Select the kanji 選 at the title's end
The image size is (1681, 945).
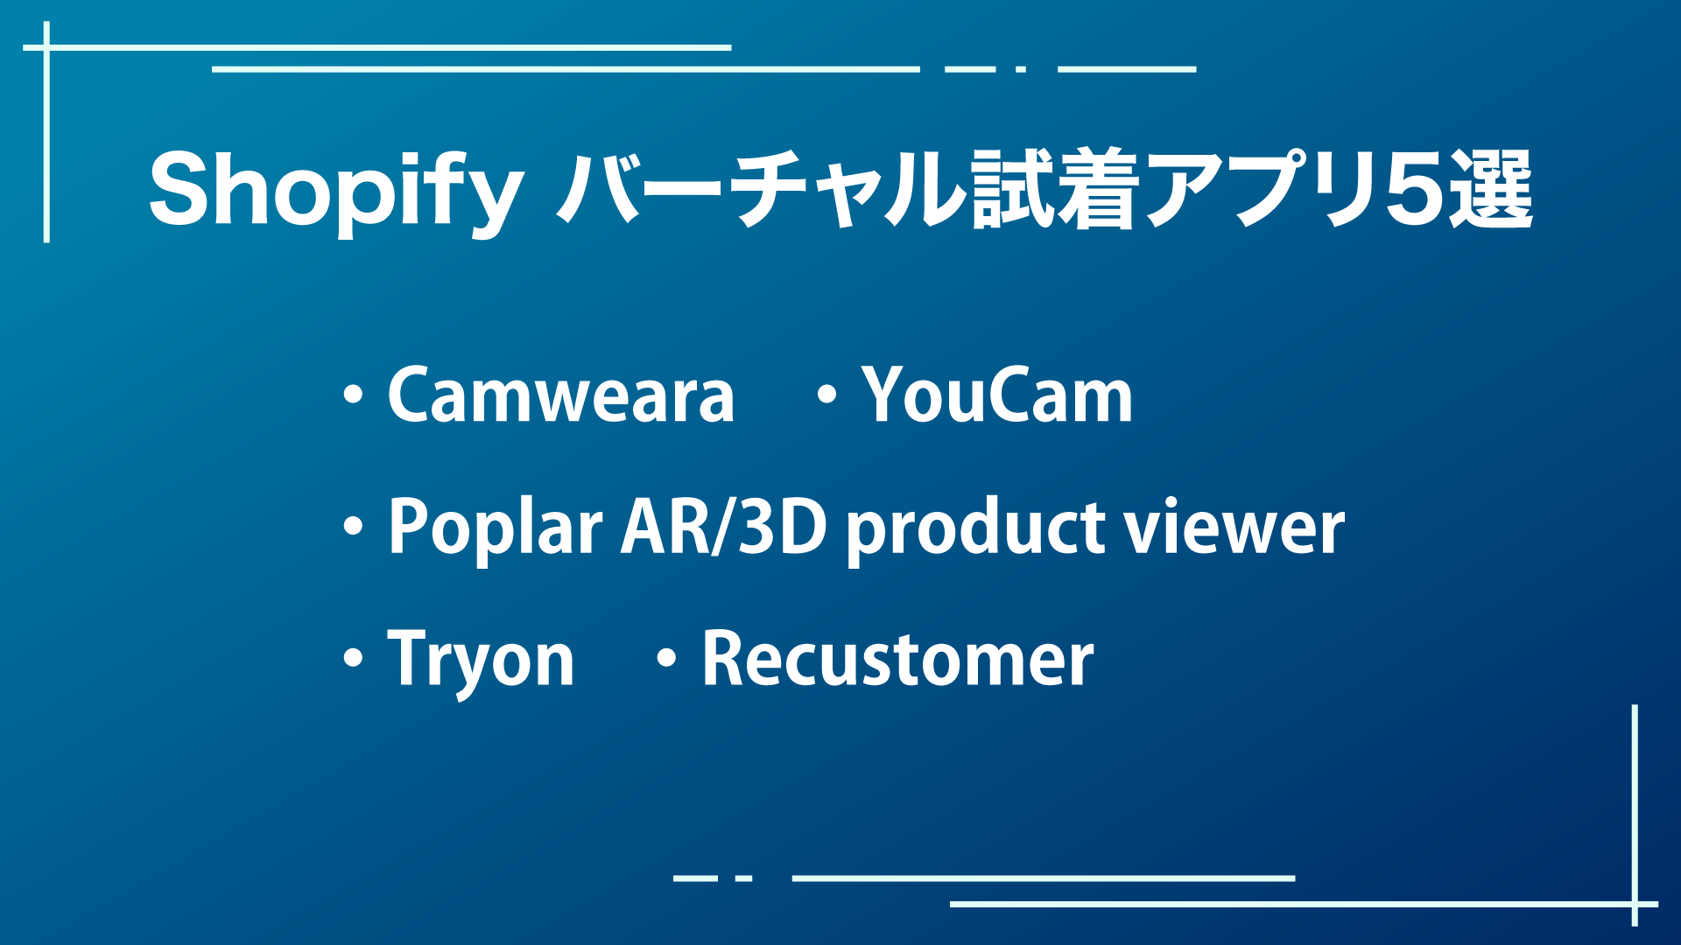[x=1490, y=189]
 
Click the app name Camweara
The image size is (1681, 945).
[x=560, y=395]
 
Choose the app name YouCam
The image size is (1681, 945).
[x=997, y=395]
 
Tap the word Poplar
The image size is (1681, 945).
[x=495, y=527]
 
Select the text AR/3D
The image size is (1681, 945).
[x=723, y=527]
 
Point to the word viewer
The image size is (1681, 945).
[x=1234, y=528]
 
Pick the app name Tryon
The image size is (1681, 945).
[x=481, y=660]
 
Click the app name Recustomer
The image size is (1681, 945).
[x=897, y=658]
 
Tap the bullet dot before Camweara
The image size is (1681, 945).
[x=354, y=395]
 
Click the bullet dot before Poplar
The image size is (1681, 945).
[x=354, y=527]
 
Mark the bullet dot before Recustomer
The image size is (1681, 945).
[x=667, y=658]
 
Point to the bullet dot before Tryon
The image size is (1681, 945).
[x=354, y=658]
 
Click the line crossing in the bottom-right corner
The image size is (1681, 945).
[x=1635, y=904]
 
